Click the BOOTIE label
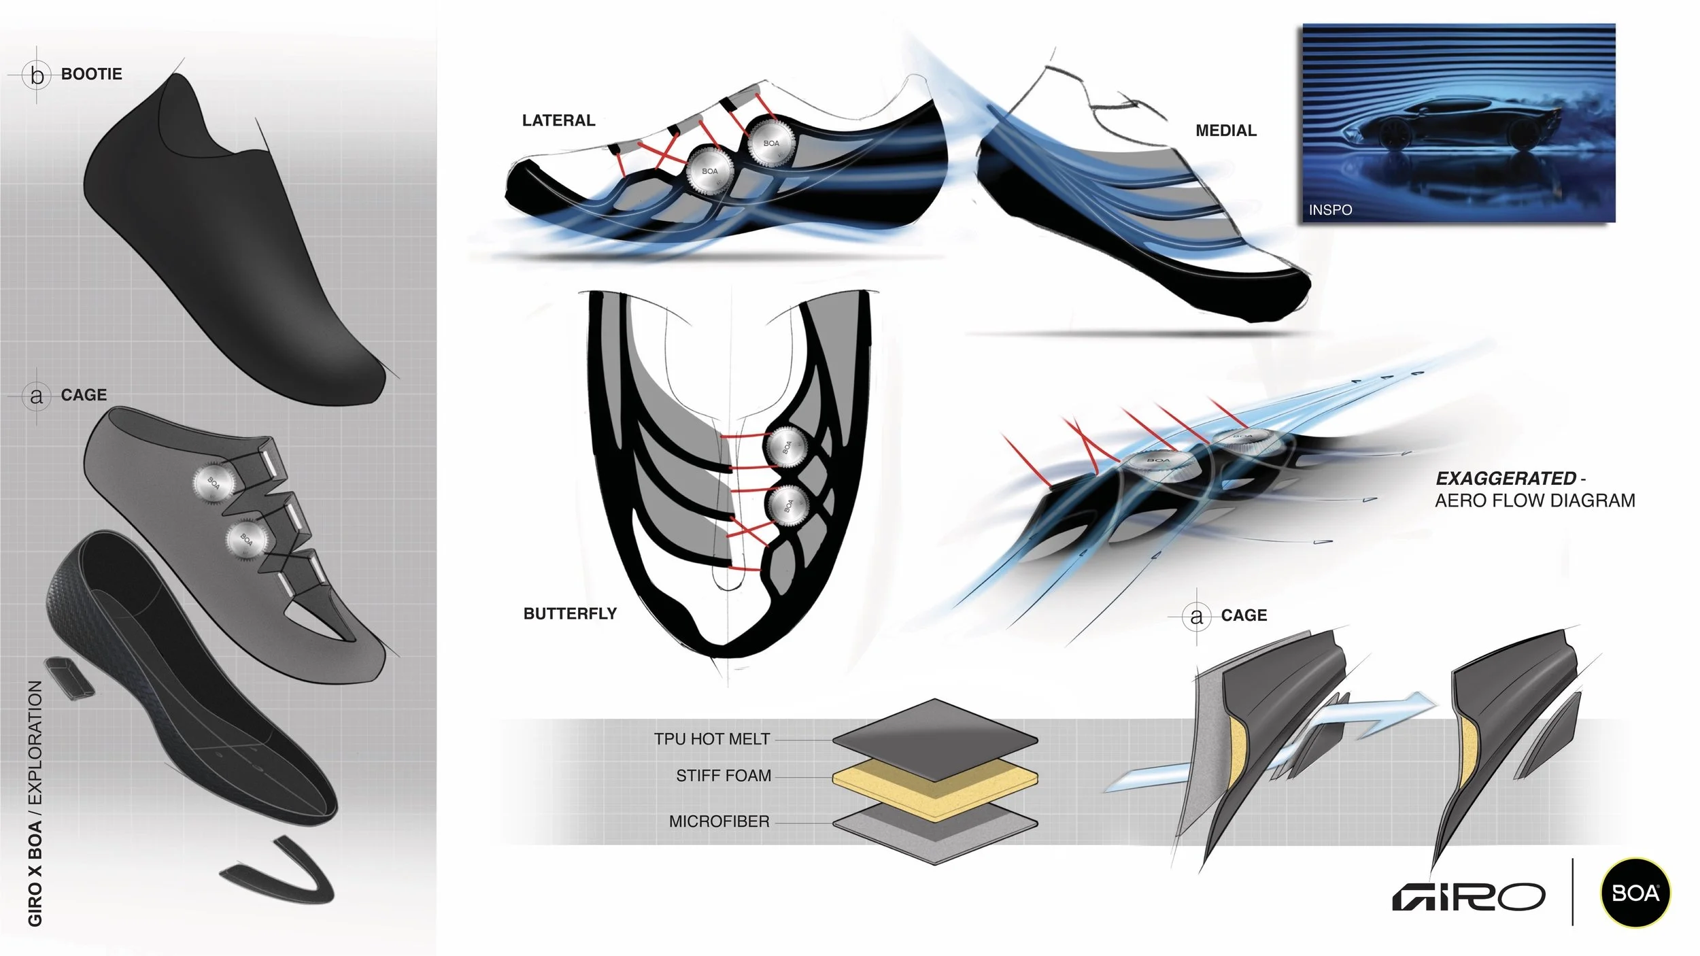91,74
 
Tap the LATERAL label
558,120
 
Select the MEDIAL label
1225,131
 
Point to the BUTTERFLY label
570,613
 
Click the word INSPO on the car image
1330,210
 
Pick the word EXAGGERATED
1506,479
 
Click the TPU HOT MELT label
711,739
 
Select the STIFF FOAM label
723,776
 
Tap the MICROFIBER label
719,821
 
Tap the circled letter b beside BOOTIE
37,75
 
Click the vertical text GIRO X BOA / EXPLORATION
35,802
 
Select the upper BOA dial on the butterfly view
786,447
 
